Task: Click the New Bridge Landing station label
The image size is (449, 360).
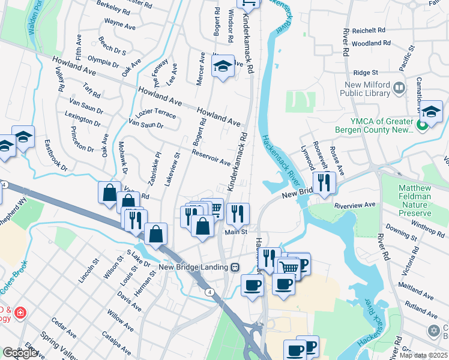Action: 194,267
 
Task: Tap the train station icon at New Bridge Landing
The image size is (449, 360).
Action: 235,267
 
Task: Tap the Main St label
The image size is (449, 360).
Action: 236,232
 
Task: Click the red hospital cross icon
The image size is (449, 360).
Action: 20,313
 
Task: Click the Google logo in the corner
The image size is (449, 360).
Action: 20,353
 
